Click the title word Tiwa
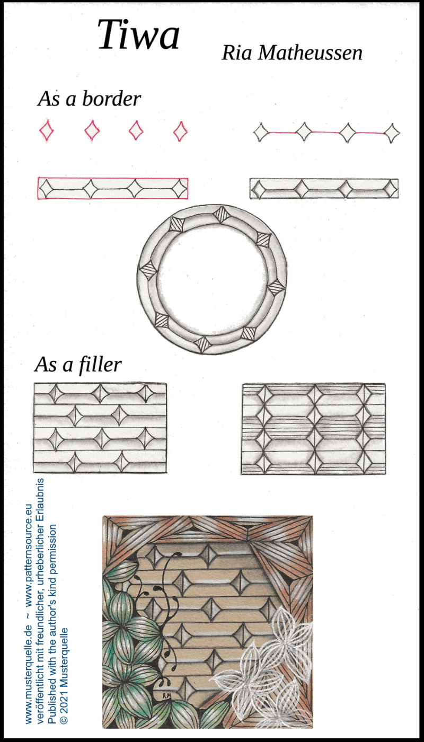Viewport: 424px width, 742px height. tap(138, 34)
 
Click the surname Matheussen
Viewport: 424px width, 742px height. tap(310, 52)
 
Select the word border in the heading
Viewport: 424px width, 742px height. tap(111, 99)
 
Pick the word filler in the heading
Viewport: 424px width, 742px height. tap(100, 365)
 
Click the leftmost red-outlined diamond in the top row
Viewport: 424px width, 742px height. tap(47, 130)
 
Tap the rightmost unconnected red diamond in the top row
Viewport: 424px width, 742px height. tap(181, 131)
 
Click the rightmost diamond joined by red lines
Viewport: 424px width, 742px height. tap(392, 133)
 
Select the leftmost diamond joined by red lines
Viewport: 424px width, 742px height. tap(261, 132)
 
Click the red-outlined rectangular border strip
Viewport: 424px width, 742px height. tap(112, 188)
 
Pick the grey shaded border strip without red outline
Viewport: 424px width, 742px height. tap(324, 189)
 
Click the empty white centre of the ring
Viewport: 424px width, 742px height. tap(212, 278)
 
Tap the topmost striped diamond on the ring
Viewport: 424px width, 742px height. tap(222, 215)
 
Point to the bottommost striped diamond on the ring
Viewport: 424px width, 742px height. tap(202, 344)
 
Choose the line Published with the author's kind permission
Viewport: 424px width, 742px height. tap(52, 626)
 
